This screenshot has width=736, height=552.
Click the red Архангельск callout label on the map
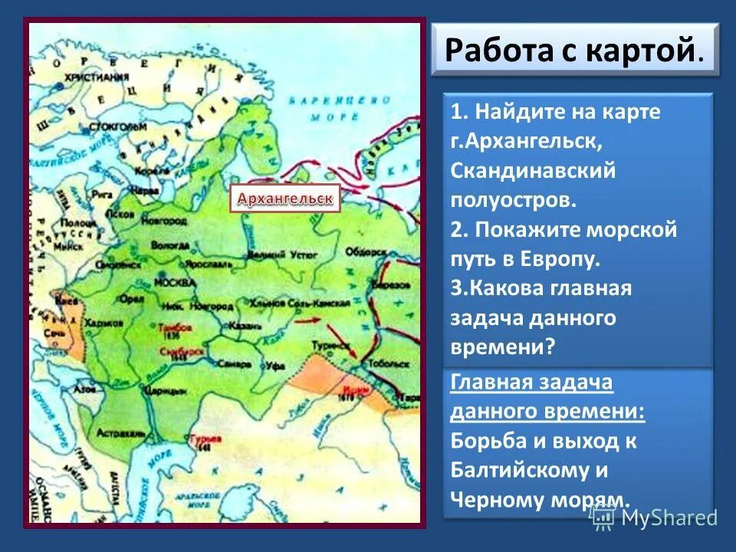click(x=284, y=199)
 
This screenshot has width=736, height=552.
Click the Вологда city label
click(x=170, y=245)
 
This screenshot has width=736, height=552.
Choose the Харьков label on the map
click(x=98, y=323)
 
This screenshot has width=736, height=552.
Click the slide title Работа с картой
click(x=573, y=50)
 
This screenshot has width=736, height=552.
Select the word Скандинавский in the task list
click(x=534, y=170)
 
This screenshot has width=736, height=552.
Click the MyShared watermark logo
click(x=655, y=517)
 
